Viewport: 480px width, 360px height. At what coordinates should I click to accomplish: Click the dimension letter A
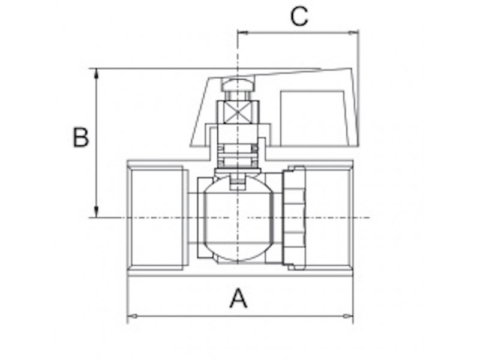click(x=238, y=298)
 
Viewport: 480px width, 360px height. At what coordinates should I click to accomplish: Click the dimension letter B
click(x=81, y=137)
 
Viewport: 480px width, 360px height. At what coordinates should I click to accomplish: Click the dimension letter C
click(x=299, y=16)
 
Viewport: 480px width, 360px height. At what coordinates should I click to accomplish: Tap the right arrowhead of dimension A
click(x=348, y=316)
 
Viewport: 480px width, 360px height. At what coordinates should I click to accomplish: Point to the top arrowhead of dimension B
click(x=97, y=74)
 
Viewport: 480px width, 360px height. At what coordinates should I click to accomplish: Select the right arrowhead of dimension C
click(x=353, y=32)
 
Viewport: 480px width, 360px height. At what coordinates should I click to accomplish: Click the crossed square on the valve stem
click(x=238, y=112)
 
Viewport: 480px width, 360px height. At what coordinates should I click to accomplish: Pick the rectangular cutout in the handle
click(x=314, y=118)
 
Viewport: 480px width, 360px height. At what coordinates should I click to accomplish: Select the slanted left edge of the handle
click(x=199, y=112)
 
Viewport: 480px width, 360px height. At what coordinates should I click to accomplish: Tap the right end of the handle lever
click(x=355, y=107)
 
